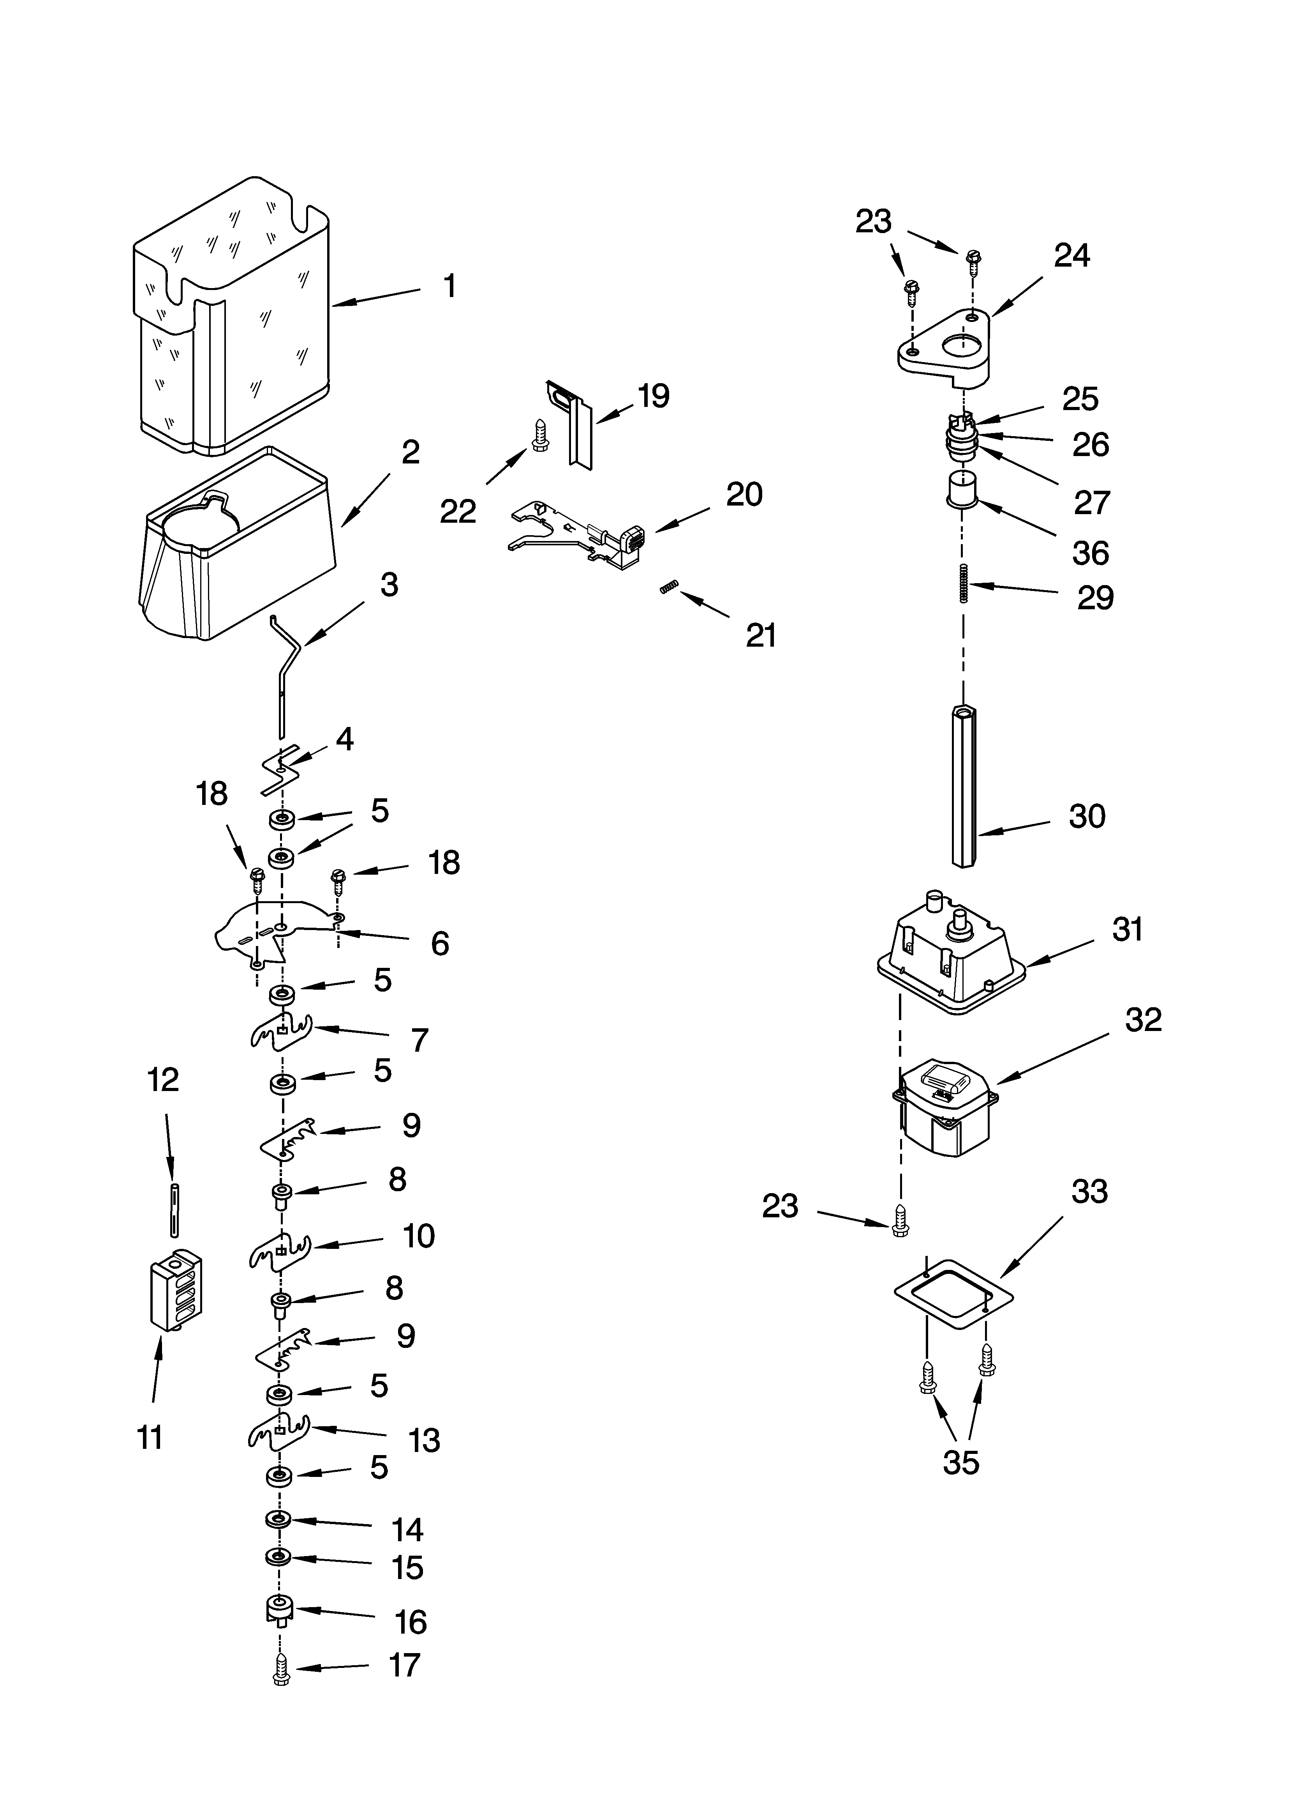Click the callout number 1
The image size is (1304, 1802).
point(449,286)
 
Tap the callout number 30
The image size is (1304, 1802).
point(1086,816)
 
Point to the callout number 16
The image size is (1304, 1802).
point(411,1622)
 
